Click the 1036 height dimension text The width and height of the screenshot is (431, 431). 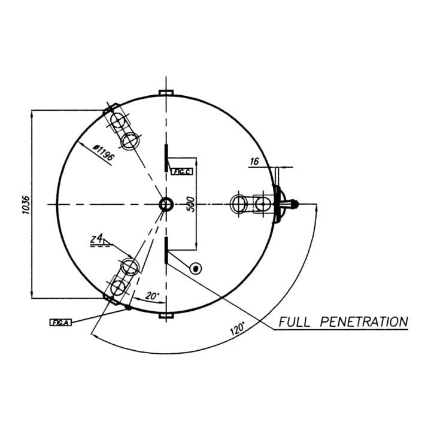pos(26,205)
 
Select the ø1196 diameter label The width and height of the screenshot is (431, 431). pos(103,153)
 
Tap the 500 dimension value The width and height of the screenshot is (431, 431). pos(190,204)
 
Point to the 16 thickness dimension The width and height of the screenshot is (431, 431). pos(254,162)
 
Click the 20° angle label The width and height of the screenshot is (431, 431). pos(152,296)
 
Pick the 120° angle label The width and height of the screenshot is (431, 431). pos(237,328)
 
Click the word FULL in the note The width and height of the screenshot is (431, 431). pos(295,321)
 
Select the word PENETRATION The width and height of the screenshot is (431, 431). pos(364,321)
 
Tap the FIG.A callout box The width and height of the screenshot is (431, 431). pos(60,323)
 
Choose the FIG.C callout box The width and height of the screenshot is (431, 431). pos(182,172)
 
